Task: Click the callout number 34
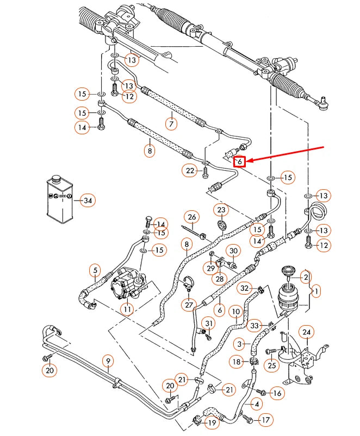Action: (87, 201)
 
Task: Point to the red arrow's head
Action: (251, 160)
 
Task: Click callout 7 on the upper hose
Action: (171, 124)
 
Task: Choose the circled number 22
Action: (190, 171)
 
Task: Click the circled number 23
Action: (221, 210)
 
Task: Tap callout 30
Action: (233, 251)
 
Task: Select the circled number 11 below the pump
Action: (127, 309)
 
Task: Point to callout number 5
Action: (95, 270)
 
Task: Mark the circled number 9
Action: (108, 360)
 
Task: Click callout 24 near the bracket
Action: (307, 333)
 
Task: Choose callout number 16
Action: (277, 393)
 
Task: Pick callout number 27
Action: (189, 305)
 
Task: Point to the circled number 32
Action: (245, 288)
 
